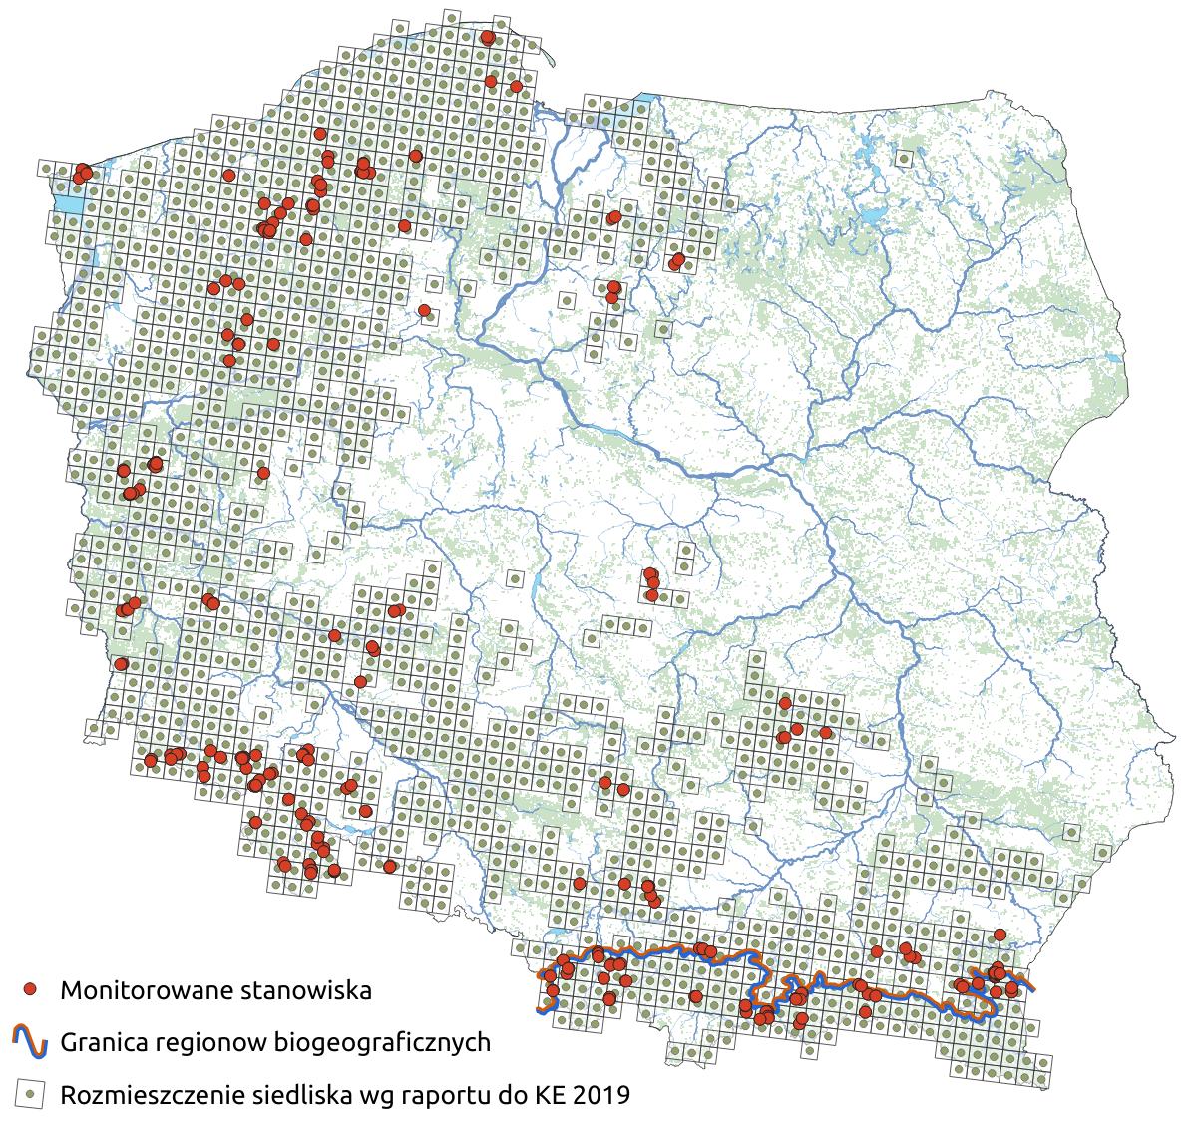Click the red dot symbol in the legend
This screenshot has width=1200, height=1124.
(31, 989)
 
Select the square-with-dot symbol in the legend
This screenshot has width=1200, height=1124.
(31, 1094)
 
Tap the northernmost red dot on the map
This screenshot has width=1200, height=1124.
(488, 37)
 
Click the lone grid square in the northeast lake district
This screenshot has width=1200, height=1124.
(905, 158)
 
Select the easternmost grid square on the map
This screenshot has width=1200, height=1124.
(1103, 853)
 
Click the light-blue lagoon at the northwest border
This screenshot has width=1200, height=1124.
(68, 205)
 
